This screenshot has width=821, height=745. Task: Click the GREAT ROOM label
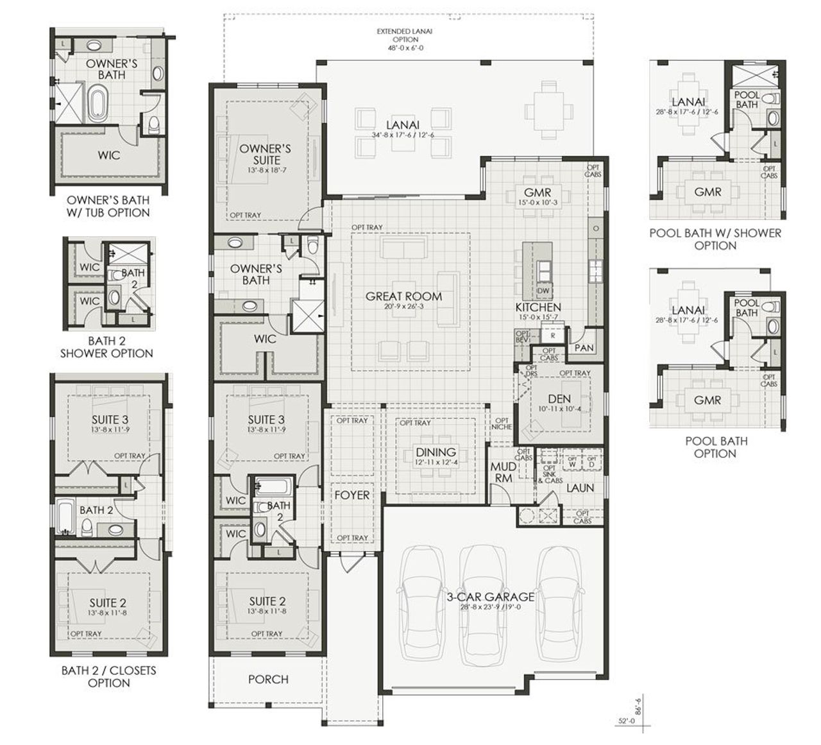point(403,296)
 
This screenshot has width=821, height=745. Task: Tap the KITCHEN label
point(538,307)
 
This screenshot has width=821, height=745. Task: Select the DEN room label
point(559,399)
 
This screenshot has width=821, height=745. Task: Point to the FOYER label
point(351,495)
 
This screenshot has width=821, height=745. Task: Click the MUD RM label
point(503,472)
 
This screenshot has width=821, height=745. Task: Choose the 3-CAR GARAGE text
point(491,597)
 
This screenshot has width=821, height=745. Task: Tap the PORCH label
point(268,679)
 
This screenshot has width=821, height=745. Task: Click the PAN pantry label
point(584,348)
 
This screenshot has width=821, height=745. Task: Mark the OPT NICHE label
point(502,424)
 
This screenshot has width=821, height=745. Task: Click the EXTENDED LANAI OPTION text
point(397,39)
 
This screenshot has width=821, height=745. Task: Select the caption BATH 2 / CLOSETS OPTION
point(108,676)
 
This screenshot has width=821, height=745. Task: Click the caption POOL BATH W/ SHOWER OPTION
point(715,239)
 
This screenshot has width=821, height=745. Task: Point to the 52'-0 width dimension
point(625,722)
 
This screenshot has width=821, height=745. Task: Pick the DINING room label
point(436,452)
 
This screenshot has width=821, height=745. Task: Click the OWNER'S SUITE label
point(265,154)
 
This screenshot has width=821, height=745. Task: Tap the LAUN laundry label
point(579,488)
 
